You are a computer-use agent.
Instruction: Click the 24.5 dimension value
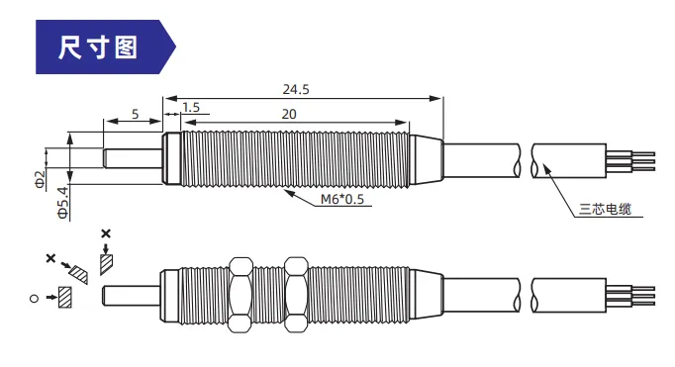click(296, 89)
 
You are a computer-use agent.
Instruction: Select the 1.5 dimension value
click(191, 108)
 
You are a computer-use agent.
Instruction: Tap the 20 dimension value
click(289, 114)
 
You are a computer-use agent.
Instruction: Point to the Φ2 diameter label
click(40, 179)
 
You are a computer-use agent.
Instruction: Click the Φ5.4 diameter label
click(63, 202)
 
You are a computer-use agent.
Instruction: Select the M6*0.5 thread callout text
click(342, 199)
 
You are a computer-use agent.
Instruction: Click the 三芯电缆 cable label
click(605, 209)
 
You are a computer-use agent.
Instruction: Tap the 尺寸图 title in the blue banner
click(98, 47)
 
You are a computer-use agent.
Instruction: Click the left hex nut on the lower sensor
click(241, 295)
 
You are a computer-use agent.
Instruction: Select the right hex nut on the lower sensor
click(296, 295)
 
